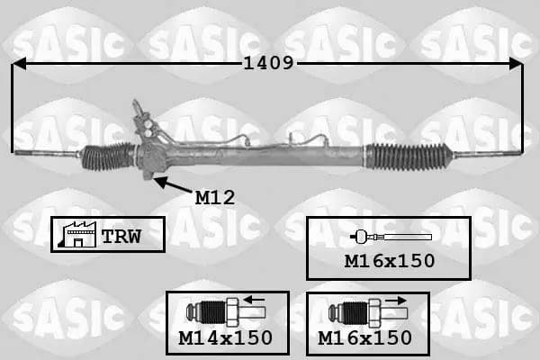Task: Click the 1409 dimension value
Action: (x=268, y=63)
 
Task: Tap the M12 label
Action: (x=215, y=198)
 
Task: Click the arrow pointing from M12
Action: (x=172, y=184)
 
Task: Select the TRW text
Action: (x=121, y=237)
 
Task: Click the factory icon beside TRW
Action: (x=77, y=234)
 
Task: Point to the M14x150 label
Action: (x=226, y=338)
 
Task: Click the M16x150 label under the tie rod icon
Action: (x=390, y=261)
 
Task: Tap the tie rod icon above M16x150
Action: (x=391, y=237)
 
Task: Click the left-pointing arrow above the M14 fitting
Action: (x=254, y=300)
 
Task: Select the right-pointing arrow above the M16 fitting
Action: (x=396, y=301)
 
